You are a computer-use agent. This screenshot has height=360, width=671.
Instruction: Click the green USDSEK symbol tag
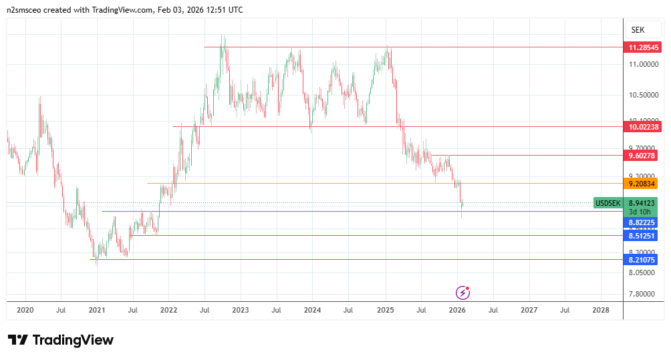point(608,202)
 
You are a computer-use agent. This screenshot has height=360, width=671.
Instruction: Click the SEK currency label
point(638,30)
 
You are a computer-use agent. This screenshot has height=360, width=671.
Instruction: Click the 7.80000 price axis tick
point(642,294)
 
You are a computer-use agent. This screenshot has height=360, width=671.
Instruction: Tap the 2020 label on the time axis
point(25,310)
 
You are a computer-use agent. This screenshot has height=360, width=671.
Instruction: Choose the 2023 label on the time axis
point(241,310)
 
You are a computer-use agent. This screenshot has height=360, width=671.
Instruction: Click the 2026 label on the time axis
point(457,310)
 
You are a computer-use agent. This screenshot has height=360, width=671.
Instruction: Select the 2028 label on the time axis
point(601,310)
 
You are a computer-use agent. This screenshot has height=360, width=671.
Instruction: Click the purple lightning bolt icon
point(462,293)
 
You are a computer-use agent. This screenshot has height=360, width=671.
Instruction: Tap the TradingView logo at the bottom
point(61,340)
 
